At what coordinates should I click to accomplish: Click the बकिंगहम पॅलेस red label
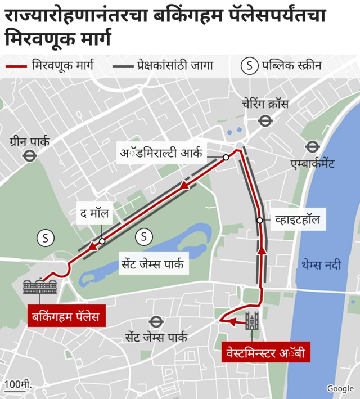65,316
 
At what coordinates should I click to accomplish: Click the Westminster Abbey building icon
251,320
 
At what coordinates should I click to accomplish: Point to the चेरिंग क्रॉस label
265,104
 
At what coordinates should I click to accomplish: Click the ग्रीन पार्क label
29,141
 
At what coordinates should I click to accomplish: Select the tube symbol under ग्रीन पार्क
30,156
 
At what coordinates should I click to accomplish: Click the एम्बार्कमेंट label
312,164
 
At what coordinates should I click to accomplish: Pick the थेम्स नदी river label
321,264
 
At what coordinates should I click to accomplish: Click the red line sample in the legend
15,66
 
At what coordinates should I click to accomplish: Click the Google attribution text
340,388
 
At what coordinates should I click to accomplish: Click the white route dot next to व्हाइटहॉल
259,220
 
